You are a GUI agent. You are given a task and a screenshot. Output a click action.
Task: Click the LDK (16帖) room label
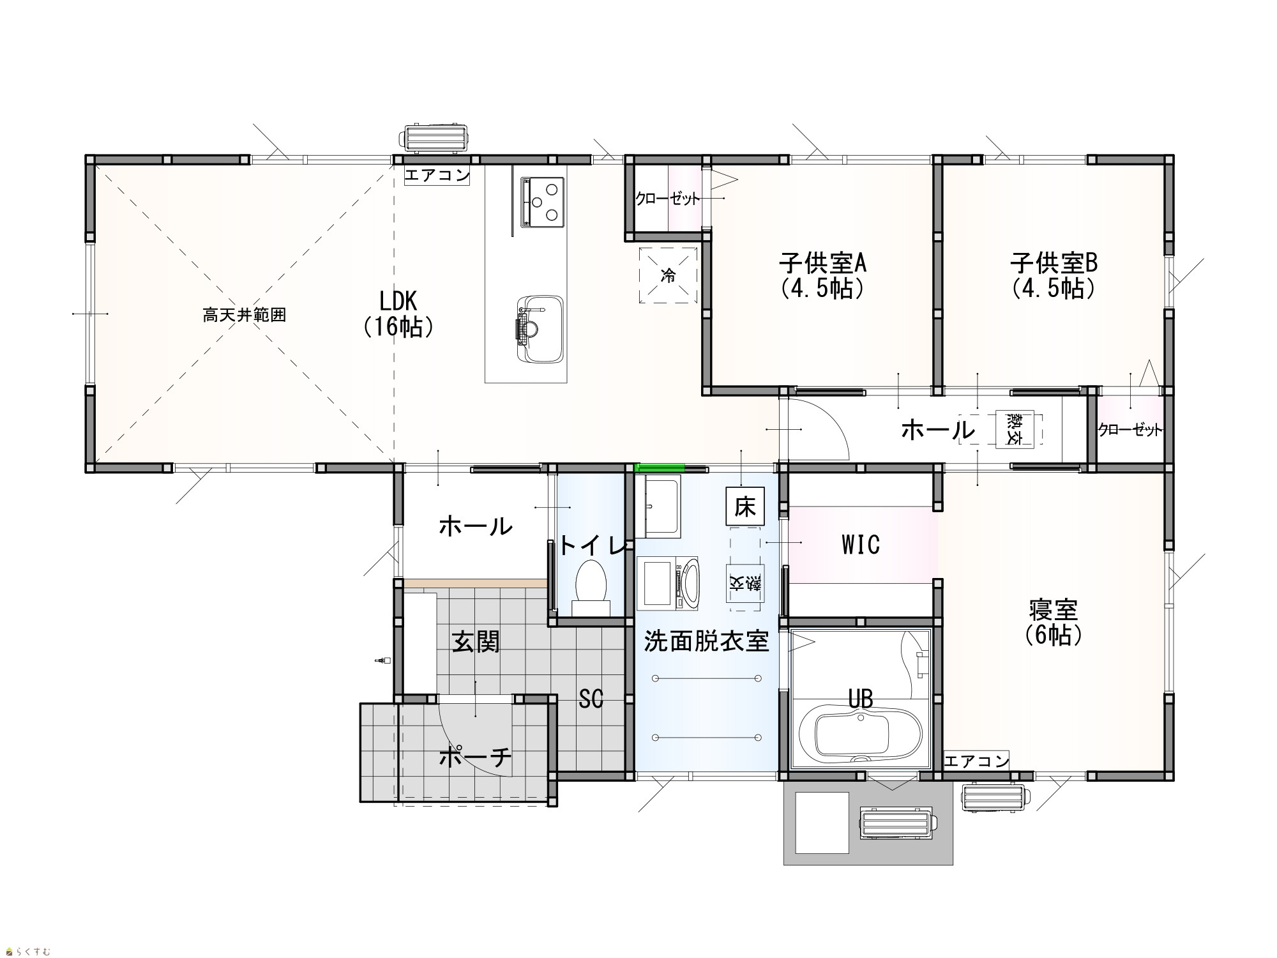pyautogui.click(x=398, y=313)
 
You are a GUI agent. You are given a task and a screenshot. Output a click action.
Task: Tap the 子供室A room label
pyautogui.click(x=822, y=275)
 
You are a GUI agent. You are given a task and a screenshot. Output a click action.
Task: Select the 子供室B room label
pyautogui.click(x=1054, y=275)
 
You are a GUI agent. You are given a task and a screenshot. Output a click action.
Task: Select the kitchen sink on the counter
pyautogui.click(x=540, y=330)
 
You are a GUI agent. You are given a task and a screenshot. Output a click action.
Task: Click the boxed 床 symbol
pyautogui.click(x=744, y=507)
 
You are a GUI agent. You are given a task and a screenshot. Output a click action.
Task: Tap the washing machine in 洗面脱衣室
pyautogui.click(x=667, y=582)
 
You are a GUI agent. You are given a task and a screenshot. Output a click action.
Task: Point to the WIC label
pyautogui.click(x=861, y=545)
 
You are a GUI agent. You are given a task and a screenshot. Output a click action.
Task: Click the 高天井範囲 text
pyautogui.click(x=245, y=315)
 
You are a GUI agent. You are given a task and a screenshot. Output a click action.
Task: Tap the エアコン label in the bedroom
pyautogui.click(x=976, y=761)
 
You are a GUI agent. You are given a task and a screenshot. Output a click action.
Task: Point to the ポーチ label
pyautogui.click(x=476, y=757)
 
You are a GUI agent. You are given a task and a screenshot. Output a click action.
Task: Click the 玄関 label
pyautogui.click(x=476, y=642)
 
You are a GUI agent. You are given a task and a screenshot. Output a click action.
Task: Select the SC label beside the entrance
pyautogui.click(x=591, y=699)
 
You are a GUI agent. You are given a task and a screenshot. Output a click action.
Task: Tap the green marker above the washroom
pyautogui.click(x=660, y=468)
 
